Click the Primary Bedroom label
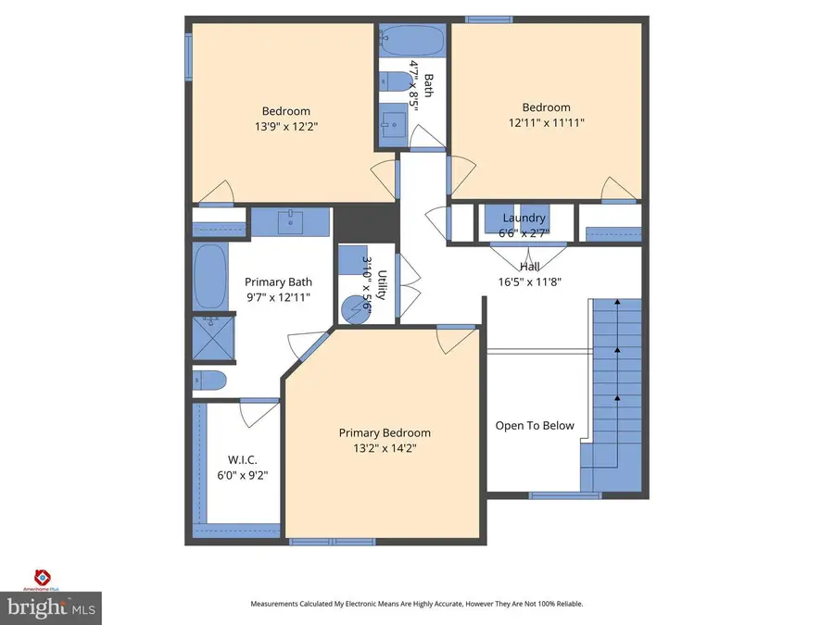tap(385, 432)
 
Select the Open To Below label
tap(535, 426)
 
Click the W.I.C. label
tap(242, 459)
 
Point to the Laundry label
tap(524, 218)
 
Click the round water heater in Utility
tap(353, 308)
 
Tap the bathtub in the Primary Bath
tap(210, 277)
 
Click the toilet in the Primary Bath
tap(210, 380)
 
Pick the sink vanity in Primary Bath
tap(290, 221)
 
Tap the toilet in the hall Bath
tap(397, 81)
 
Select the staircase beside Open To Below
tap(615, 389)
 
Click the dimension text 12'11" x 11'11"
tap(546, 122)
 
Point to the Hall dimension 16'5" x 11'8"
tap(530, 282)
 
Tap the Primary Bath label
tap(278, 282)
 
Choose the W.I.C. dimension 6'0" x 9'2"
tap(242, 475)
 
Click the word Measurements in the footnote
tap(279, 604)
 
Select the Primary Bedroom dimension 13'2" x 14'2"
tap(385, 448)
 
